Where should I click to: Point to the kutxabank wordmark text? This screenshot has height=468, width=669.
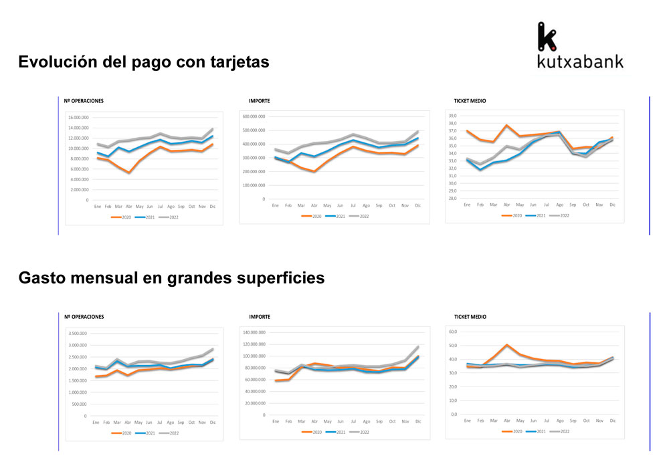pyautogui.click(x=580, y=62)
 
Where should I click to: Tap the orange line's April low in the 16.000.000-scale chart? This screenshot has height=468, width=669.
pyautogui.click(x=129, y=172)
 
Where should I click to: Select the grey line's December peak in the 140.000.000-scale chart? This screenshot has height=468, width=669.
pyautogui.click(x=417, y=347)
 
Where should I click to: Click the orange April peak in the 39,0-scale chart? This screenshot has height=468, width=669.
pyautogui.click(x=506, y=126)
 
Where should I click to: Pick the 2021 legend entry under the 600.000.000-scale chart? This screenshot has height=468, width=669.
pyautogui.click(x=337, y=216)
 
